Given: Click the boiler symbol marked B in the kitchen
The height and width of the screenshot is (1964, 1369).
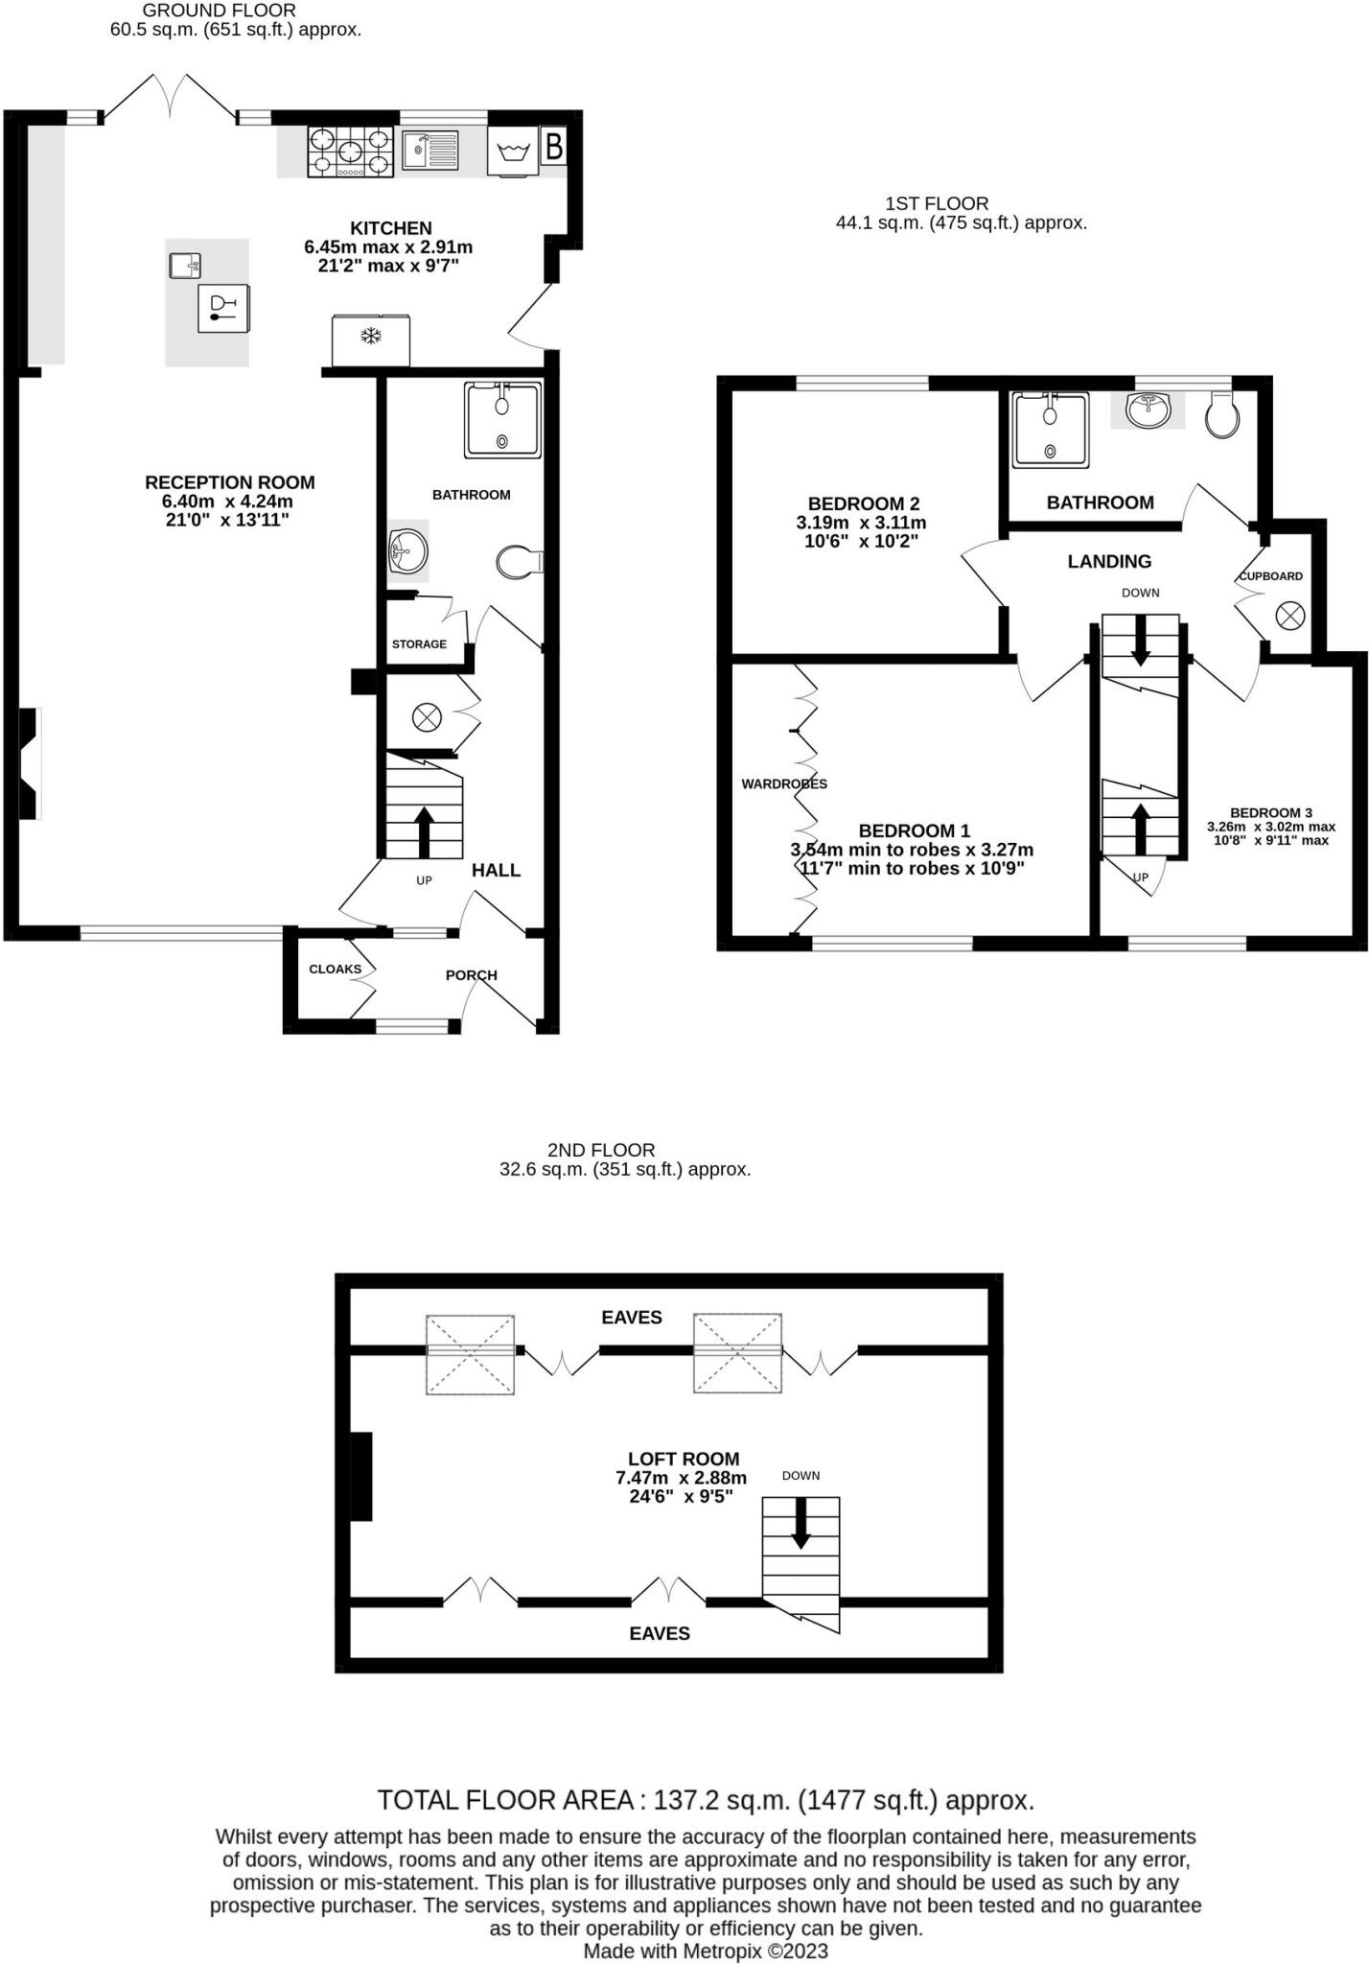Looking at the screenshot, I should pyautogui.click(x=553, y=148).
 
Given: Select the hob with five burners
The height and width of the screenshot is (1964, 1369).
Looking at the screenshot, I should pyautogui.click(x=351, y=152).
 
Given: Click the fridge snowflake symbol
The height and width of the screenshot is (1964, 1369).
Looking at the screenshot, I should pyautogui.click(x=371, y=336).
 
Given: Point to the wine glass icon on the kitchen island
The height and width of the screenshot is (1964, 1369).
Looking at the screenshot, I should pyautogui.click(x=222, y=308).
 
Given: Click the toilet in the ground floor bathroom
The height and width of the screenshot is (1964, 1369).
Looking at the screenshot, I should pyautogui.click(x=521, y=562).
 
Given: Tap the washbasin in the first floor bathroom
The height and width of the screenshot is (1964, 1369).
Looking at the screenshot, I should pyautogui.click(x=1147, y=410).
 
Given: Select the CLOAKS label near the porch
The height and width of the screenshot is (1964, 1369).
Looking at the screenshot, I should pyautogui.click(x=335, y=969).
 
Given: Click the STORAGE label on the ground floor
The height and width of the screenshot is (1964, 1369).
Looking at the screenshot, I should pyautogui.click(x=419, y=643).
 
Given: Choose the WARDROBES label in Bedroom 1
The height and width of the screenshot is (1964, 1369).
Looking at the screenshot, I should pyautogui.click(x=784, y=783).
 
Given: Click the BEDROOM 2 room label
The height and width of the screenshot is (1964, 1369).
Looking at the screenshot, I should pyautogui.click(x=863, y=503).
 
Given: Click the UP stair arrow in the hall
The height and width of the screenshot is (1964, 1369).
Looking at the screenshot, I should pyautogui.click(x=423, y=830).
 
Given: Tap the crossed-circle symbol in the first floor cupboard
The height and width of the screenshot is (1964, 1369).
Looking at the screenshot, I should pyautogui.click(x=1290, y=615).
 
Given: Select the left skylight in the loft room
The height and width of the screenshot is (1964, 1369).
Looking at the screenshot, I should pyautogui.click(x=470, y=1354).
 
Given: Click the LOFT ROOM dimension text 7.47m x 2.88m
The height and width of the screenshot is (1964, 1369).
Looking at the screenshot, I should pyautogui.click(x=681, y=1478).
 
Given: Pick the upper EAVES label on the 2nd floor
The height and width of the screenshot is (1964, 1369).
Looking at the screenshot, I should pyautogui.click(x=631, y=1317).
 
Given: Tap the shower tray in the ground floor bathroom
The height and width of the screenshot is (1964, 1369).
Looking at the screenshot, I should pyautogui.click(x=502, y=420).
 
